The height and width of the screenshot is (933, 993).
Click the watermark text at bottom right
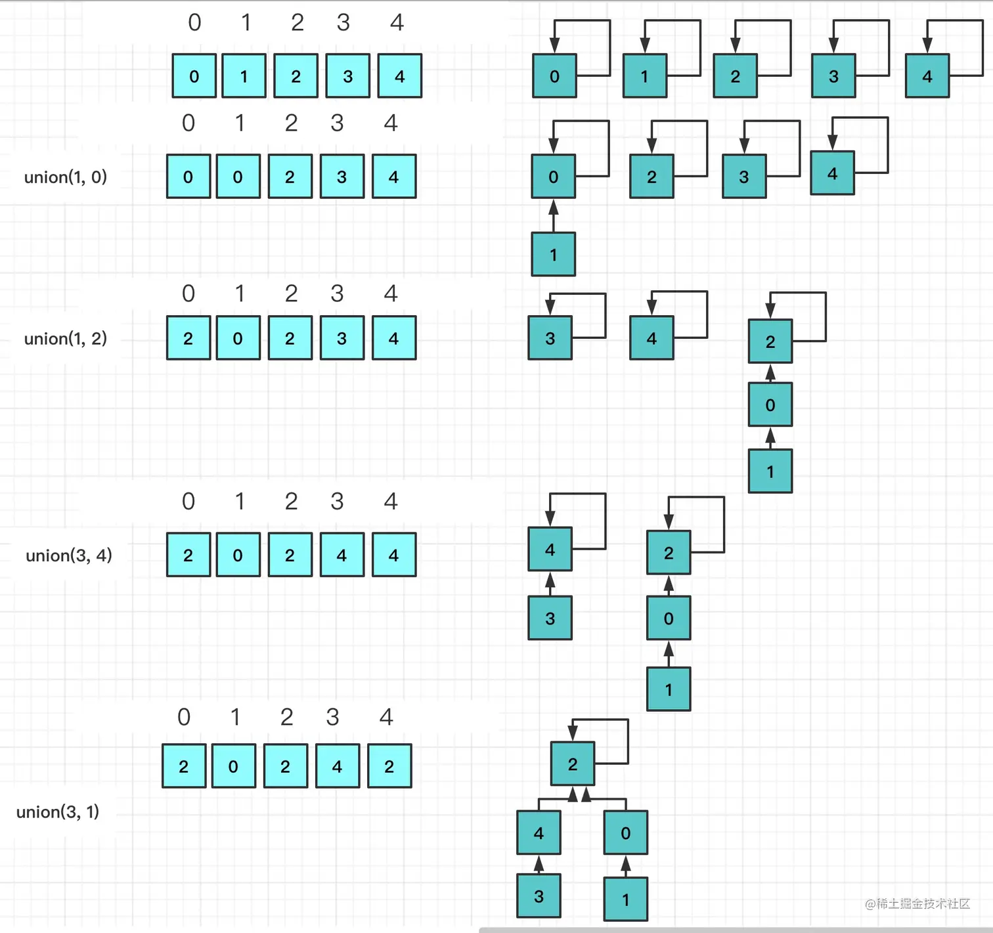(x=917, y=904)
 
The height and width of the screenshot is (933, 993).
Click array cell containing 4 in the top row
(x=399, y=76)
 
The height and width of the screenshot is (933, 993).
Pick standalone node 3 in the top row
(x=833, y=76)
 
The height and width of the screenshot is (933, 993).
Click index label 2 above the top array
(x=297, y=23)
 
